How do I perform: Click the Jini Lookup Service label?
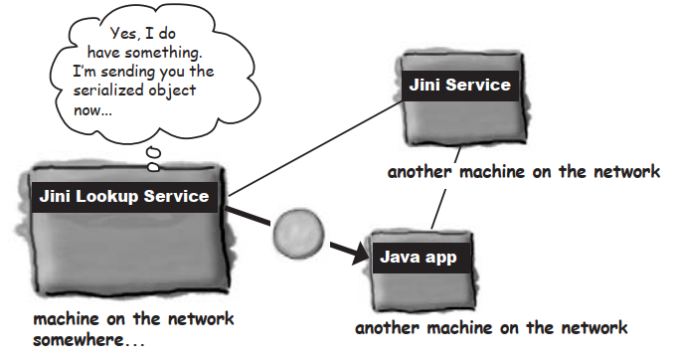[124, 196]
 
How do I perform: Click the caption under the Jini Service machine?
[524, 171]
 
